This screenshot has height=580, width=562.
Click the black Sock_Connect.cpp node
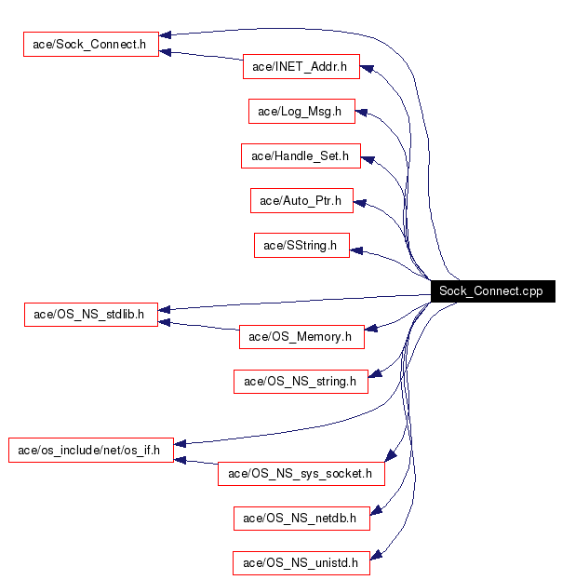tap(491, 291)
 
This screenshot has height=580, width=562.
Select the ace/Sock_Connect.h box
tap(91, 45)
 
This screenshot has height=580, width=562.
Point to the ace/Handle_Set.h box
tap(300, 156)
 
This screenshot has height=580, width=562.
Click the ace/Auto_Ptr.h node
tap(301, 200)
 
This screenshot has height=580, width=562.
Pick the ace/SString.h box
tap(301, 246)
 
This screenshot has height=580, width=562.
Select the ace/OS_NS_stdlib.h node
tap(90, 314)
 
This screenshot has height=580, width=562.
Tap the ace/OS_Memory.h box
tap(301, 336)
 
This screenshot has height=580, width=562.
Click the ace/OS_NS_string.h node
tap(300, 381)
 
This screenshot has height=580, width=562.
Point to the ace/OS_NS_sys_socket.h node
tap(301, 474)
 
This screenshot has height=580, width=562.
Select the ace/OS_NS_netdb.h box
tap(301, 518)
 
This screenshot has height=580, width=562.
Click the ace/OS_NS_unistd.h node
tap(301, 562)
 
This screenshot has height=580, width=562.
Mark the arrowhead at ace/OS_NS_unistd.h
tap(379, 560)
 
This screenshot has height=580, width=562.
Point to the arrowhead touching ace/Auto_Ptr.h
tap(360, 200)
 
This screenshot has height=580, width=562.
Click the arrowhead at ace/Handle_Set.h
tap(368, 158)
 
